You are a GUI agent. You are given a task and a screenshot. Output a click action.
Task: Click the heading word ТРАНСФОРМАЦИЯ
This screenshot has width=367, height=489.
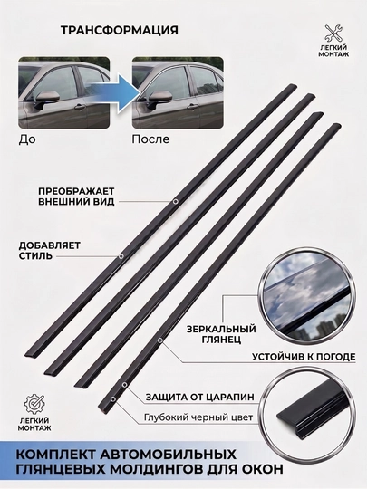[120, 30]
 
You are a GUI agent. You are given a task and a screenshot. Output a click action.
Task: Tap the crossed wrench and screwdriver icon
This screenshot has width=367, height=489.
[333, 34]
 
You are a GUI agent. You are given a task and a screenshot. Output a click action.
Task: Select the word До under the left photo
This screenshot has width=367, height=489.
[27, 139]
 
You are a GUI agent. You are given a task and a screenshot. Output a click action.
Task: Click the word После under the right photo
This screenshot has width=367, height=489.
[150, 139]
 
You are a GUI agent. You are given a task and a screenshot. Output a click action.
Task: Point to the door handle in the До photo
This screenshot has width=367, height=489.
[79, 108]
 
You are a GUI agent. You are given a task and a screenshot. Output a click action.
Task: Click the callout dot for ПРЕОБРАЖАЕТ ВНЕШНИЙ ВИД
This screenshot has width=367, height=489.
[176, 201]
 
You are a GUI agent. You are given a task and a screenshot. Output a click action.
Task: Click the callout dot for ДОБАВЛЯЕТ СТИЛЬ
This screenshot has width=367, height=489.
[121, 256]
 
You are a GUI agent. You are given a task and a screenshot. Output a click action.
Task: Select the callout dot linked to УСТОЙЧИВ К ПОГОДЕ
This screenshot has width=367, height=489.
[160, 340]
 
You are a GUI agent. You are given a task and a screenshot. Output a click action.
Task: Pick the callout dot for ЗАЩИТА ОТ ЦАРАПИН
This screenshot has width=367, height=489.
[124, 385]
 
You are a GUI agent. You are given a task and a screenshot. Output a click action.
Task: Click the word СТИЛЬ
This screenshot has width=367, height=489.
[35, 256]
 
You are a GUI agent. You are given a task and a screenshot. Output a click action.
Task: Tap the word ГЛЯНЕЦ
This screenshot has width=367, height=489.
[221, 340]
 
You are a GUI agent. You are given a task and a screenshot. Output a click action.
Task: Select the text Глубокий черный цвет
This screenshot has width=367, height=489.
[198, 417]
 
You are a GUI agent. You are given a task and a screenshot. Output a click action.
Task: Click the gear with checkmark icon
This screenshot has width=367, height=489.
[34, 404]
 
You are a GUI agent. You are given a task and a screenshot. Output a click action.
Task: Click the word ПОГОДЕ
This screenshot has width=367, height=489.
[334, 357]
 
